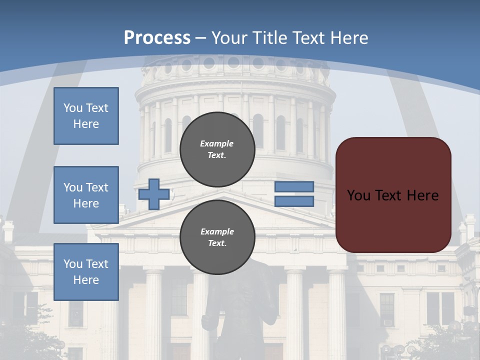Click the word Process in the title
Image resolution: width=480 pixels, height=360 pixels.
tap(157, 38)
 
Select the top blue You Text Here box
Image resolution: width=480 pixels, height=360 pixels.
tap(86, 116)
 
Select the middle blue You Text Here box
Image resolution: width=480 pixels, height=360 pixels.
tap(86, 195)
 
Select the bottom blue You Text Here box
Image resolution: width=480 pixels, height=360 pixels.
tap(86, 272)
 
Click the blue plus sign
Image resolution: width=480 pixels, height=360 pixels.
tap(154, 194)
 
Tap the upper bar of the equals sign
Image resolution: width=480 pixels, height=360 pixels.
tap(294, 187)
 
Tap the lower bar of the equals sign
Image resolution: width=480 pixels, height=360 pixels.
tap(294, 201)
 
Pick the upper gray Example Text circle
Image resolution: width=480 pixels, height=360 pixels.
tap(217, 149)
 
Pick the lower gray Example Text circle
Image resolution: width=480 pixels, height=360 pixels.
tap(217, 237)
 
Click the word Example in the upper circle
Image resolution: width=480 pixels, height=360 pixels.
tap(217, 143)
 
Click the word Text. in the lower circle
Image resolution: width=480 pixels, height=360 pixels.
tap(217, 243)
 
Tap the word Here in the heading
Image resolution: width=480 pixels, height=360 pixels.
tap(348, 38)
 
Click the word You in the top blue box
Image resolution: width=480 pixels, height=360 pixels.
tap(72, 108)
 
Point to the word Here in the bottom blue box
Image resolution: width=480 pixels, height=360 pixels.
tap(86, 280)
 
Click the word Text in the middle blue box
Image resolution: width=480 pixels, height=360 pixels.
tap(97, 187)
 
